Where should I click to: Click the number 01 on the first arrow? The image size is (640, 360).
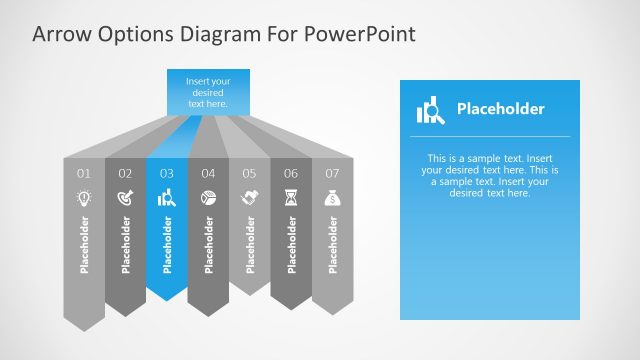click(84, 174)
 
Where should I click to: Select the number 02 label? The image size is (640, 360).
click(125, 174)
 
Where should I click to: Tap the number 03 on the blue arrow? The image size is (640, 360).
click(167, 174)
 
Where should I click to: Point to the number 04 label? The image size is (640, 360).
click(208, 174)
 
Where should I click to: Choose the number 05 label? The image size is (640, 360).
click(249, 174)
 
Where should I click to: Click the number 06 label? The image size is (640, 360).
click(291, 174)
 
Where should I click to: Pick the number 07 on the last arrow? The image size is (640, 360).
click(332, 174)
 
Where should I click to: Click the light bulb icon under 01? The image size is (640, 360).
click(84, 199)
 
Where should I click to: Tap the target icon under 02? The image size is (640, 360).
click(125, 199)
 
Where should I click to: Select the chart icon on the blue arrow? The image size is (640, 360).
click(167, 199)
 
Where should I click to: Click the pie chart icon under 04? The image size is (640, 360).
click(208, 199)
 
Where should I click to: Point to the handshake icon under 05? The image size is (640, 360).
click(249, 199)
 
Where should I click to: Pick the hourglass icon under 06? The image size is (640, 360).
click(291, 199)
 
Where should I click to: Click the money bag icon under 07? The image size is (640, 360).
click(332, 199)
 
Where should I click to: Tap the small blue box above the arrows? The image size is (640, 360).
click(208, 91)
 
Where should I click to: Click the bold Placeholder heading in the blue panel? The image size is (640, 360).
click(500, 109)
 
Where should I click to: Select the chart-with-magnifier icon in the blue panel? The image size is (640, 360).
click(430, 110)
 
